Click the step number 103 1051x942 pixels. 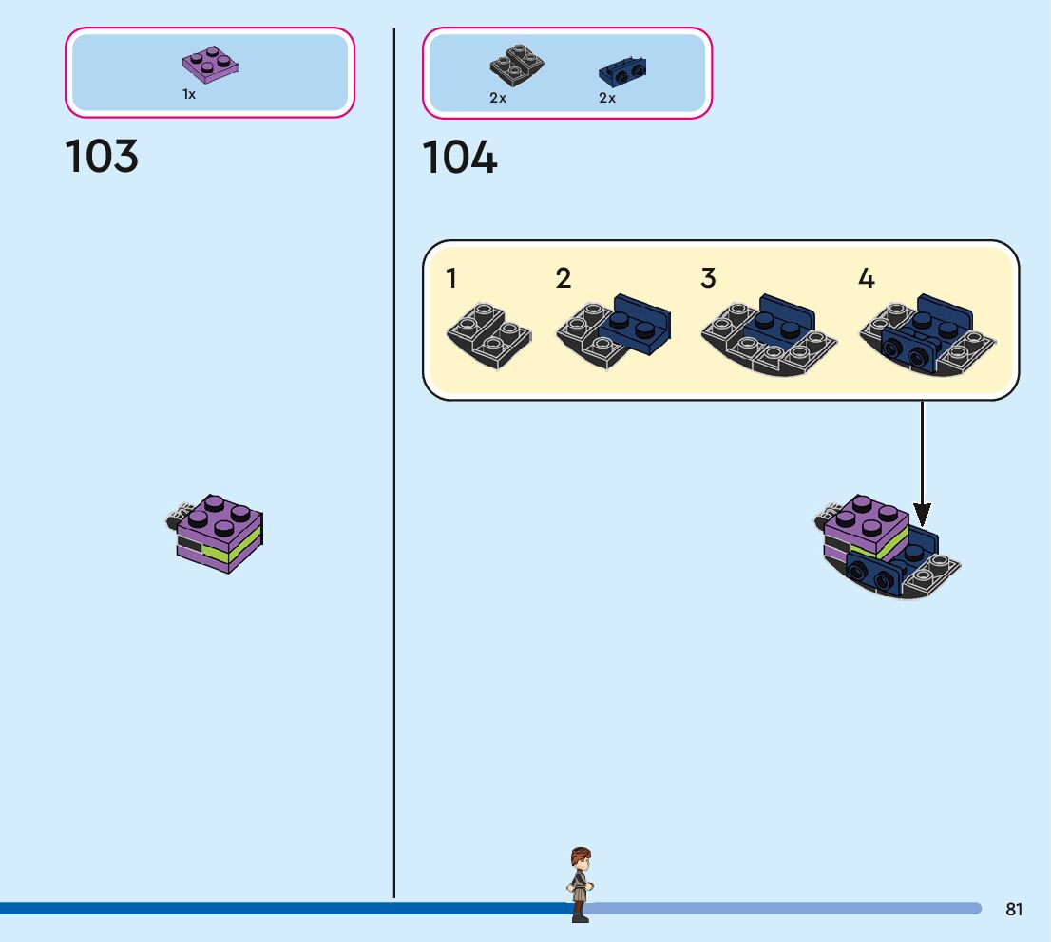click(102, 156)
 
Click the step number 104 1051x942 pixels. click(460, 158)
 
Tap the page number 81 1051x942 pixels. click(1014, 909)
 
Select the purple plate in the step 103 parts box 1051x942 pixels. click(210, 65)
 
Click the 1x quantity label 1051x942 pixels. click(189, 94)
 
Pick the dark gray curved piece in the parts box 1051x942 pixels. click(517, 65)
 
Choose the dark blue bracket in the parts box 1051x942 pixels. click(622, 71)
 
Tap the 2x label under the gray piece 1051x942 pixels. click(498, 98)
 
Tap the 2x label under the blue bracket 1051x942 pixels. click(607, 98)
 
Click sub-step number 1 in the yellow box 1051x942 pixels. click(451, 278)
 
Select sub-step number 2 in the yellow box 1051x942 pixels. click(563, 278)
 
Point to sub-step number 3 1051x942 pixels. click(709, 278)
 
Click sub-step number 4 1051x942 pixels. click(867, 278)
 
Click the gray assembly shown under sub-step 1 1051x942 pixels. click(489, 336)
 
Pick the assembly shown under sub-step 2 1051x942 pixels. click(613, 331)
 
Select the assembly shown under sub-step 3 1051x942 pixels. click(769, 335)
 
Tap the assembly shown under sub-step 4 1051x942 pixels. click(927, 335)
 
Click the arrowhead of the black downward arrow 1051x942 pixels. click(923, 516)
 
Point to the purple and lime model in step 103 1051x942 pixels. click(215, 534)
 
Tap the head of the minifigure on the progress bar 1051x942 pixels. click(581, 858)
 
